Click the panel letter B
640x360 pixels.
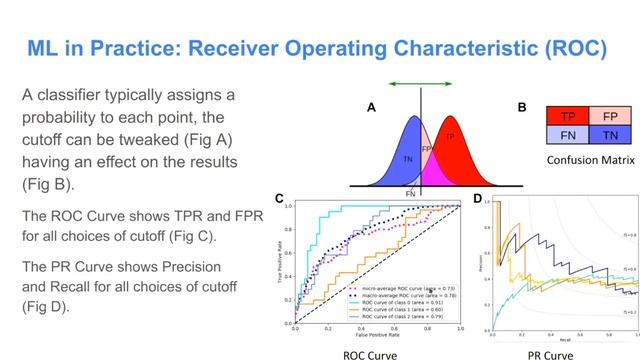click(521, 107)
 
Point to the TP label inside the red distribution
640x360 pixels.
click(451, 136)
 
